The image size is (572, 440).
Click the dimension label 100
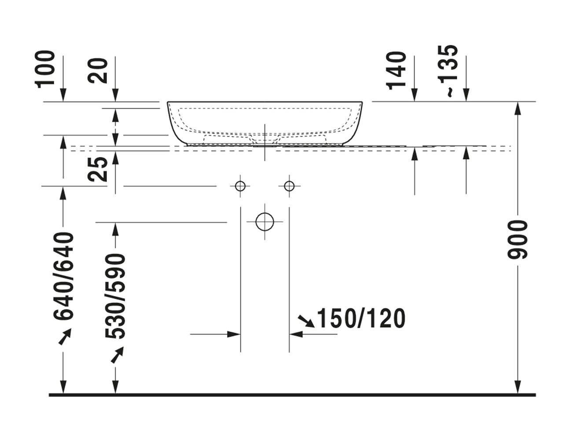(x=45, y=69)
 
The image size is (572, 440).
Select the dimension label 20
(x=98, y=71)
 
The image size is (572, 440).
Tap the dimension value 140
(x=396, y=70)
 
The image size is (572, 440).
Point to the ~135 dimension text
(x=448, y=71)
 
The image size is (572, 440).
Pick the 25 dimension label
(x=98, y=169)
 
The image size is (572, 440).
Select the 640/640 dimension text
(x=63, y=276)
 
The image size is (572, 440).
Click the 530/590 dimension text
(x=115, y=296)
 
